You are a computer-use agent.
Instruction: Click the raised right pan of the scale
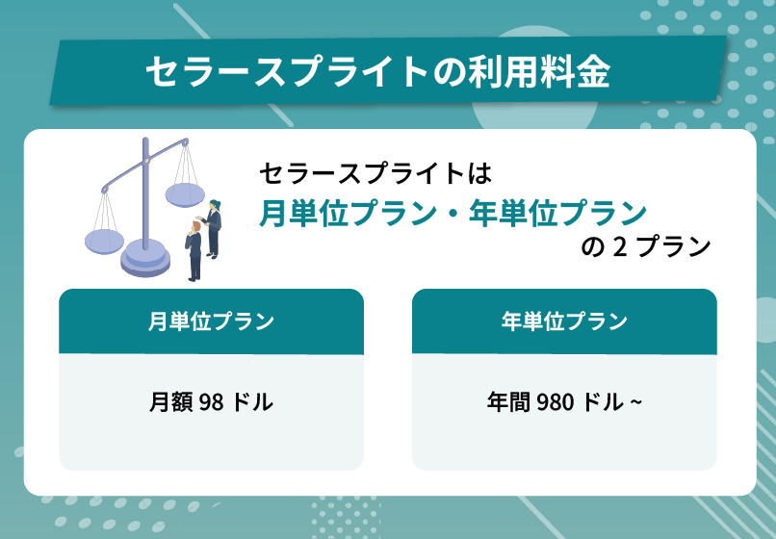tap(185, 194)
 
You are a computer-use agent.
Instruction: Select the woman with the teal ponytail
tap(213, 225)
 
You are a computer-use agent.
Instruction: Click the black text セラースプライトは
tap(375, 173)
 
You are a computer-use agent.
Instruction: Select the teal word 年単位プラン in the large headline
tap(557, 213)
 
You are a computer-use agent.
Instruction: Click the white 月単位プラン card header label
tap(211, 321)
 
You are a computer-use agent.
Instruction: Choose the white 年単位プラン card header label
tap(564, 321)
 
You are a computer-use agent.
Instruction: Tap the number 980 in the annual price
tap(556, 401)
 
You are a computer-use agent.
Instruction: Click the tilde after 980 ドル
tap(635, 402)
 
